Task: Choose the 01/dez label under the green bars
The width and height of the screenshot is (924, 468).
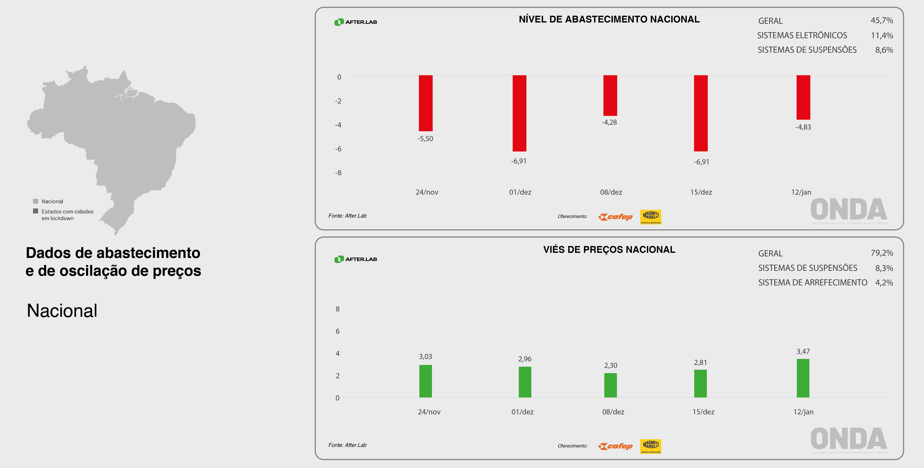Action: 522,412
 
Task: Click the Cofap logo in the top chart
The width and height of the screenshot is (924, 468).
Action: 615,217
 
